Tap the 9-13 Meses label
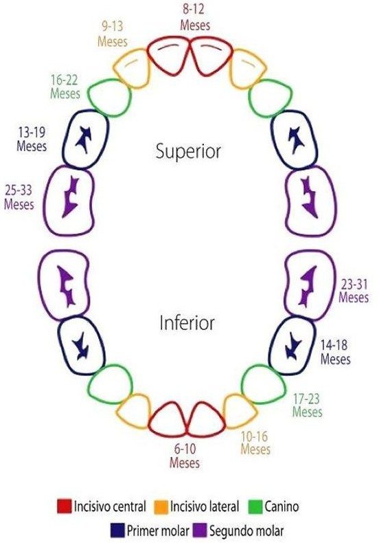(113, 34)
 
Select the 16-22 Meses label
(65, 87)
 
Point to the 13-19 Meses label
(32, 139)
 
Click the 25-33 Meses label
(19, 197)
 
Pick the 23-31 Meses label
(354, 291)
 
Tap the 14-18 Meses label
(335, 351)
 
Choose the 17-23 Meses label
(307, 405)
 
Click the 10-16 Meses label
(255, 443)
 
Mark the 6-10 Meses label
(185, 456)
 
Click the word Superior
(188, 151)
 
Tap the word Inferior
(187, 323)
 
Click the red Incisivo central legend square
(65, 506)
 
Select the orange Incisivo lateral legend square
(161, 507)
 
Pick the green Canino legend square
(255, 507)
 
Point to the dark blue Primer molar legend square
(117, 530)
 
